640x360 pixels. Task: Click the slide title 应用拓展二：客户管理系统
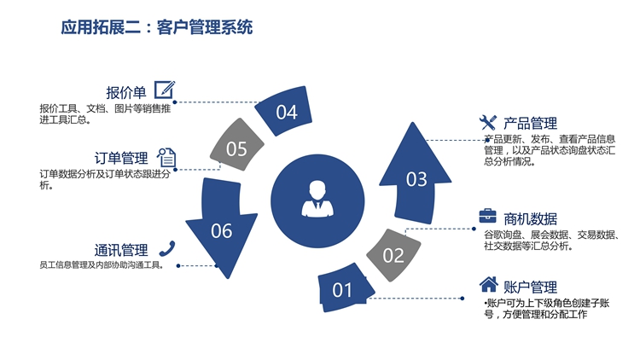157,27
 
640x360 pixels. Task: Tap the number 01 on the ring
342,290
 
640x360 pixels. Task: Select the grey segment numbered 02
393,254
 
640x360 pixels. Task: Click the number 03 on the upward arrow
416,179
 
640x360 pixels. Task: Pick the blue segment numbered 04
287,112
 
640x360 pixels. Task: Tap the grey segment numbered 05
236,149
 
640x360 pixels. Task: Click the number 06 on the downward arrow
221,230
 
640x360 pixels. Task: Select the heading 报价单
126,91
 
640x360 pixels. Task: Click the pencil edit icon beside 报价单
165,90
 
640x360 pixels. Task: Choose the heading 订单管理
120,158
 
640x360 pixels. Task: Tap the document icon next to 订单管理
166,157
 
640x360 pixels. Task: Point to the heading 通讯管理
120,250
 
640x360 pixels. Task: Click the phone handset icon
167,248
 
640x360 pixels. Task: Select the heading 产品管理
530,123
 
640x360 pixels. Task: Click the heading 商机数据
530,218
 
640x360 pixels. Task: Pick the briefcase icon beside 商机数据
487,216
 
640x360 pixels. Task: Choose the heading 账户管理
530,287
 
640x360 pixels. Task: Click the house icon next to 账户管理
488,285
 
